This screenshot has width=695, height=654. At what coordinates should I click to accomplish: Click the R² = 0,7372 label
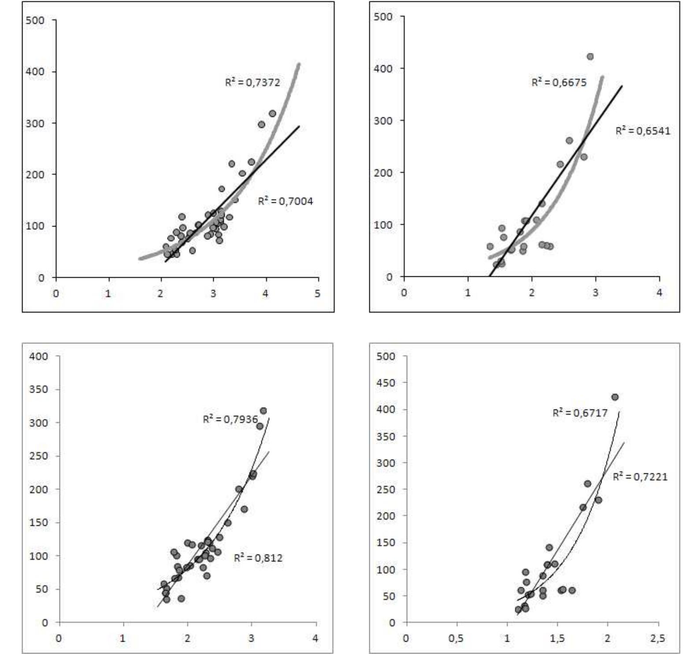pos(253,82)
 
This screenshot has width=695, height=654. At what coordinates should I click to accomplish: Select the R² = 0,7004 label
pos(286,201)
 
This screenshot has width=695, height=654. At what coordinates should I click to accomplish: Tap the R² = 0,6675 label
pos(559,82)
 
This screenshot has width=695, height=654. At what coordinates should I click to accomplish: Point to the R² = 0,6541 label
pos(643,130)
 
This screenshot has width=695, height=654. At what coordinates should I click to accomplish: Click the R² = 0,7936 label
pos(230,419)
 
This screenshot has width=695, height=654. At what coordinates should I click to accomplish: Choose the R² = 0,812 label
pos(258,557)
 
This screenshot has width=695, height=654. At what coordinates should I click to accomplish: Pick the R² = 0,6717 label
pos(580,412)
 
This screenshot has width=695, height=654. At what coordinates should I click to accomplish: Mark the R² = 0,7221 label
pos(640,476)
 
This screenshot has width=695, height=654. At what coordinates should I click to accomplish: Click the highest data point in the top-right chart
pos(590,56)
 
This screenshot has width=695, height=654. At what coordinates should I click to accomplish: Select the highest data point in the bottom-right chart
pos(615,397)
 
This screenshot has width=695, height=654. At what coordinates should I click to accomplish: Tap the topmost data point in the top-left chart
pos(272,113)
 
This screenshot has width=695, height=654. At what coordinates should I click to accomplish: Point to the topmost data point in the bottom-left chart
pos(263,411)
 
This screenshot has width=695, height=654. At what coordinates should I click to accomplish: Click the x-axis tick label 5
pos(318,294)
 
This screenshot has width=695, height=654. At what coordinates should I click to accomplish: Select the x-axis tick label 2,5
pos(658,639)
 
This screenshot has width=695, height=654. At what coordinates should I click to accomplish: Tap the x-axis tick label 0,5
pos(457,639)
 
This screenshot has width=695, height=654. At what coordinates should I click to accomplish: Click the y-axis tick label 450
pos(386,383)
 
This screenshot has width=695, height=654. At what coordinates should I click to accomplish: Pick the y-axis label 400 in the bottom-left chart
pos(39,356)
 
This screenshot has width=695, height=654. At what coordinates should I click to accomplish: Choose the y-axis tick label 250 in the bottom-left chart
pos(39,456)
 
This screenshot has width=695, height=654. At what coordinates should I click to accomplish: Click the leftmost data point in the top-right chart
pos(490,246)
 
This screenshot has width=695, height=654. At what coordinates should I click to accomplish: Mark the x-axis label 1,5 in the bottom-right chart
pos(557,639)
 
